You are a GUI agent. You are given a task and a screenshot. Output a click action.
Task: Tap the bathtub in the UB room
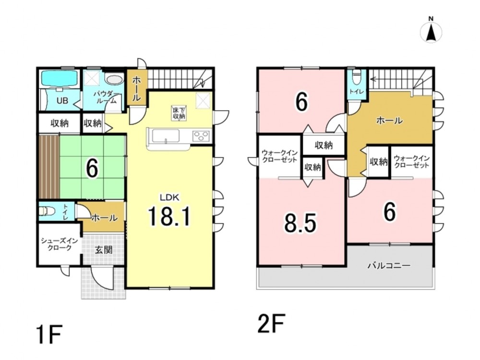[x=60, y=78]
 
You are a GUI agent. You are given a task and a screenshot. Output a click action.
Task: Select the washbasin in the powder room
[x=114, y=79]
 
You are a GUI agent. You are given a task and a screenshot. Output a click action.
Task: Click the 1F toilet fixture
[x=47, y=211]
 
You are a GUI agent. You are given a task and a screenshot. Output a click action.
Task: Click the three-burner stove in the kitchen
[x=201, y=136]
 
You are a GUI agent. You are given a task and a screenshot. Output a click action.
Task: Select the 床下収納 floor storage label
[x=179, y=113]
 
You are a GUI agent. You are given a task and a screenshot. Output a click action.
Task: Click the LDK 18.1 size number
[x=169, y=216]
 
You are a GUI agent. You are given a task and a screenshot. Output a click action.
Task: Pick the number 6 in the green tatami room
[x=92, y=168]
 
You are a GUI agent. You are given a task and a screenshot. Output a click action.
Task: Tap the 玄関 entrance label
[x=104, y=250]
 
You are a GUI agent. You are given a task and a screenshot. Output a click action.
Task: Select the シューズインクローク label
[x=60, y=244]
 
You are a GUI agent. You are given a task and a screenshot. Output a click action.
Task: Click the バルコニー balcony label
[x=389, y=265]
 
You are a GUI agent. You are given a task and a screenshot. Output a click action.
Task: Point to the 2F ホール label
[x=389, y=120]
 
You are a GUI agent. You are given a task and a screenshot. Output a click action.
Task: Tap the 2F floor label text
[x=271, y=323]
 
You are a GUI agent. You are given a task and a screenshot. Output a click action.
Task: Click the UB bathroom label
[x=62, y=100]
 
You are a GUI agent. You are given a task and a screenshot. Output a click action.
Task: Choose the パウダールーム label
[x=105, y=97]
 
